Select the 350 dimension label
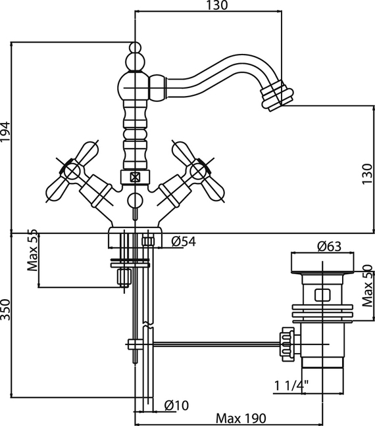[x=5, y=310]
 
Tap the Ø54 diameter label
[x=184, y=241]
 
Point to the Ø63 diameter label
[x=329, y=247]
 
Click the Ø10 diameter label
[x=176, y=406]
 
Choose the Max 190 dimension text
[x=241, y=418]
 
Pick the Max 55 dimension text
[x=32, y=250]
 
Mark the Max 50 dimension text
[x=367, y=285]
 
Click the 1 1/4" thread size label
[x=291, y=385]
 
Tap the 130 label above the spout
[x=216, y=5]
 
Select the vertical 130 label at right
[x=367, y=174]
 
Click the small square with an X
[x=135, y=177]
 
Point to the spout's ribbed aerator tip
[x=278, y=95]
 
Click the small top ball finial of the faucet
[x=135, y=47]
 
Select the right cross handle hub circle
[x=198, y=171]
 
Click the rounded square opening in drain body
[x=322, y=295]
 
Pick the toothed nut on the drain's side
[x=287, y=344]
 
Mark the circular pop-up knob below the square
[x=135, y=201]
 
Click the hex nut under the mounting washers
[x=124, y=277]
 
